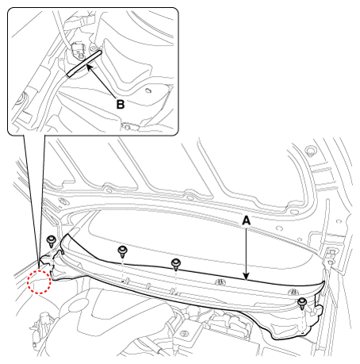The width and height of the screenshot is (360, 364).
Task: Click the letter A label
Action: coord(246,220)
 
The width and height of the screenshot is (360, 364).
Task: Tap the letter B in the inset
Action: coord(121,105)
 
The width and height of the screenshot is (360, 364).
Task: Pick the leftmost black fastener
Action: coord(51,241)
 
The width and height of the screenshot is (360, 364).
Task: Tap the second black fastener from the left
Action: coord(122,251)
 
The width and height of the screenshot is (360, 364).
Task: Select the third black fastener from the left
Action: coord(176,264)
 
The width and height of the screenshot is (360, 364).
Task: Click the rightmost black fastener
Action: coord(302,303)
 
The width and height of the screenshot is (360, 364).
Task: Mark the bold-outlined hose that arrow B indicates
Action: coord(85,63)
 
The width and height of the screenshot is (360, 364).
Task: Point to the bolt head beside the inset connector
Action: coord(93,48)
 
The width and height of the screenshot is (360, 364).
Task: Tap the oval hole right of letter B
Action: coord(149,90)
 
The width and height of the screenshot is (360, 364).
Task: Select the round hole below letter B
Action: coord(128,127)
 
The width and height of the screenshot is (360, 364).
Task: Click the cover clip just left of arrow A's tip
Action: coord(220,282)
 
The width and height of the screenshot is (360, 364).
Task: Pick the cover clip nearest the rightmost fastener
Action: coord(293,292)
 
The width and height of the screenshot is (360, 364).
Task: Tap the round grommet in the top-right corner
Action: coord(309,151)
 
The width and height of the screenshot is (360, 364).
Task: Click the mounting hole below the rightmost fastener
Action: coord(302,333)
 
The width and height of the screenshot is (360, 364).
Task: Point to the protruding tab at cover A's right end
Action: coord(318,309)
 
